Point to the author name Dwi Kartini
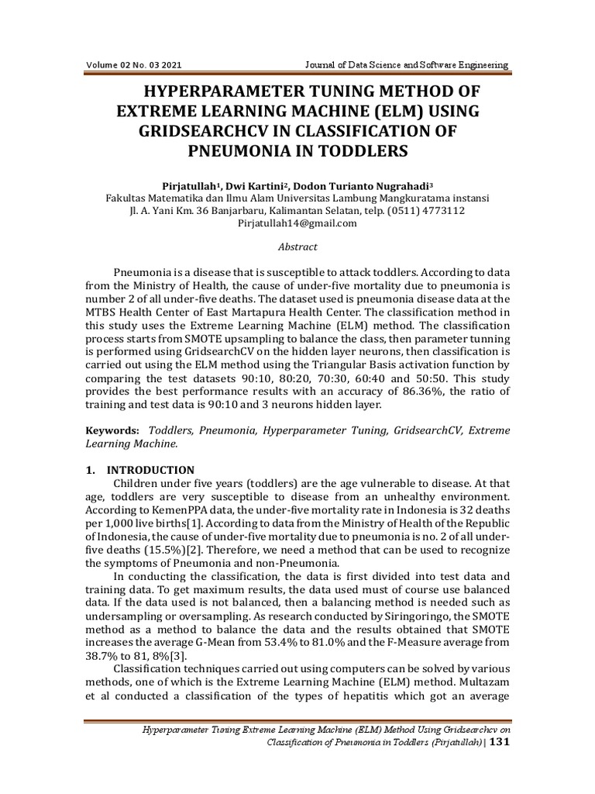tap(247, 186)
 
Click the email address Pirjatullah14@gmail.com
tap(297, 223)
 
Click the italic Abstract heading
tap(297, 247)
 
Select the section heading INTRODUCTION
tap(150, 470)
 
